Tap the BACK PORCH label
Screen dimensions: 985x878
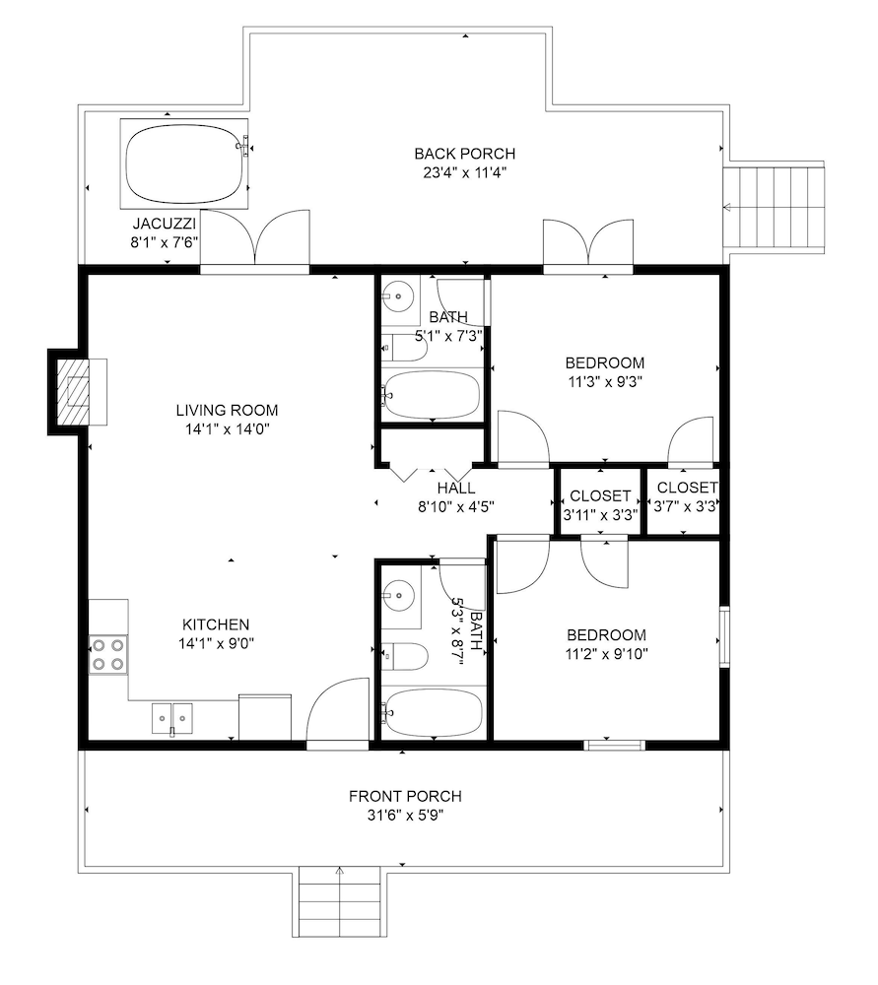point(464,154)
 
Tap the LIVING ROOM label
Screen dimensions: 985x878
point(227,410)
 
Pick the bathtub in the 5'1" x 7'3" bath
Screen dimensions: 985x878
point(433,394)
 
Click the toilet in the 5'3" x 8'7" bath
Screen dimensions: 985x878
point(405,656)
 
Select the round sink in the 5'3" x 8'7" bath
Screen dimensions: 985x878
point(400,594)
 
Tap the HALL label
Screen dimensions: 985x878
point(457,488)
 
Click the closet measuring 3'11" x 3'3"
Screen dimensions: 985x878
point(600,503)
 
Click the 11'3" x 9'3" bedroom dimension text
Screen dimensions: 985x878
point(605,380)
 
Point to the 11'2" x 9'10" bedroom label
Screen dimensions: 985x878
point(605,635)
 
